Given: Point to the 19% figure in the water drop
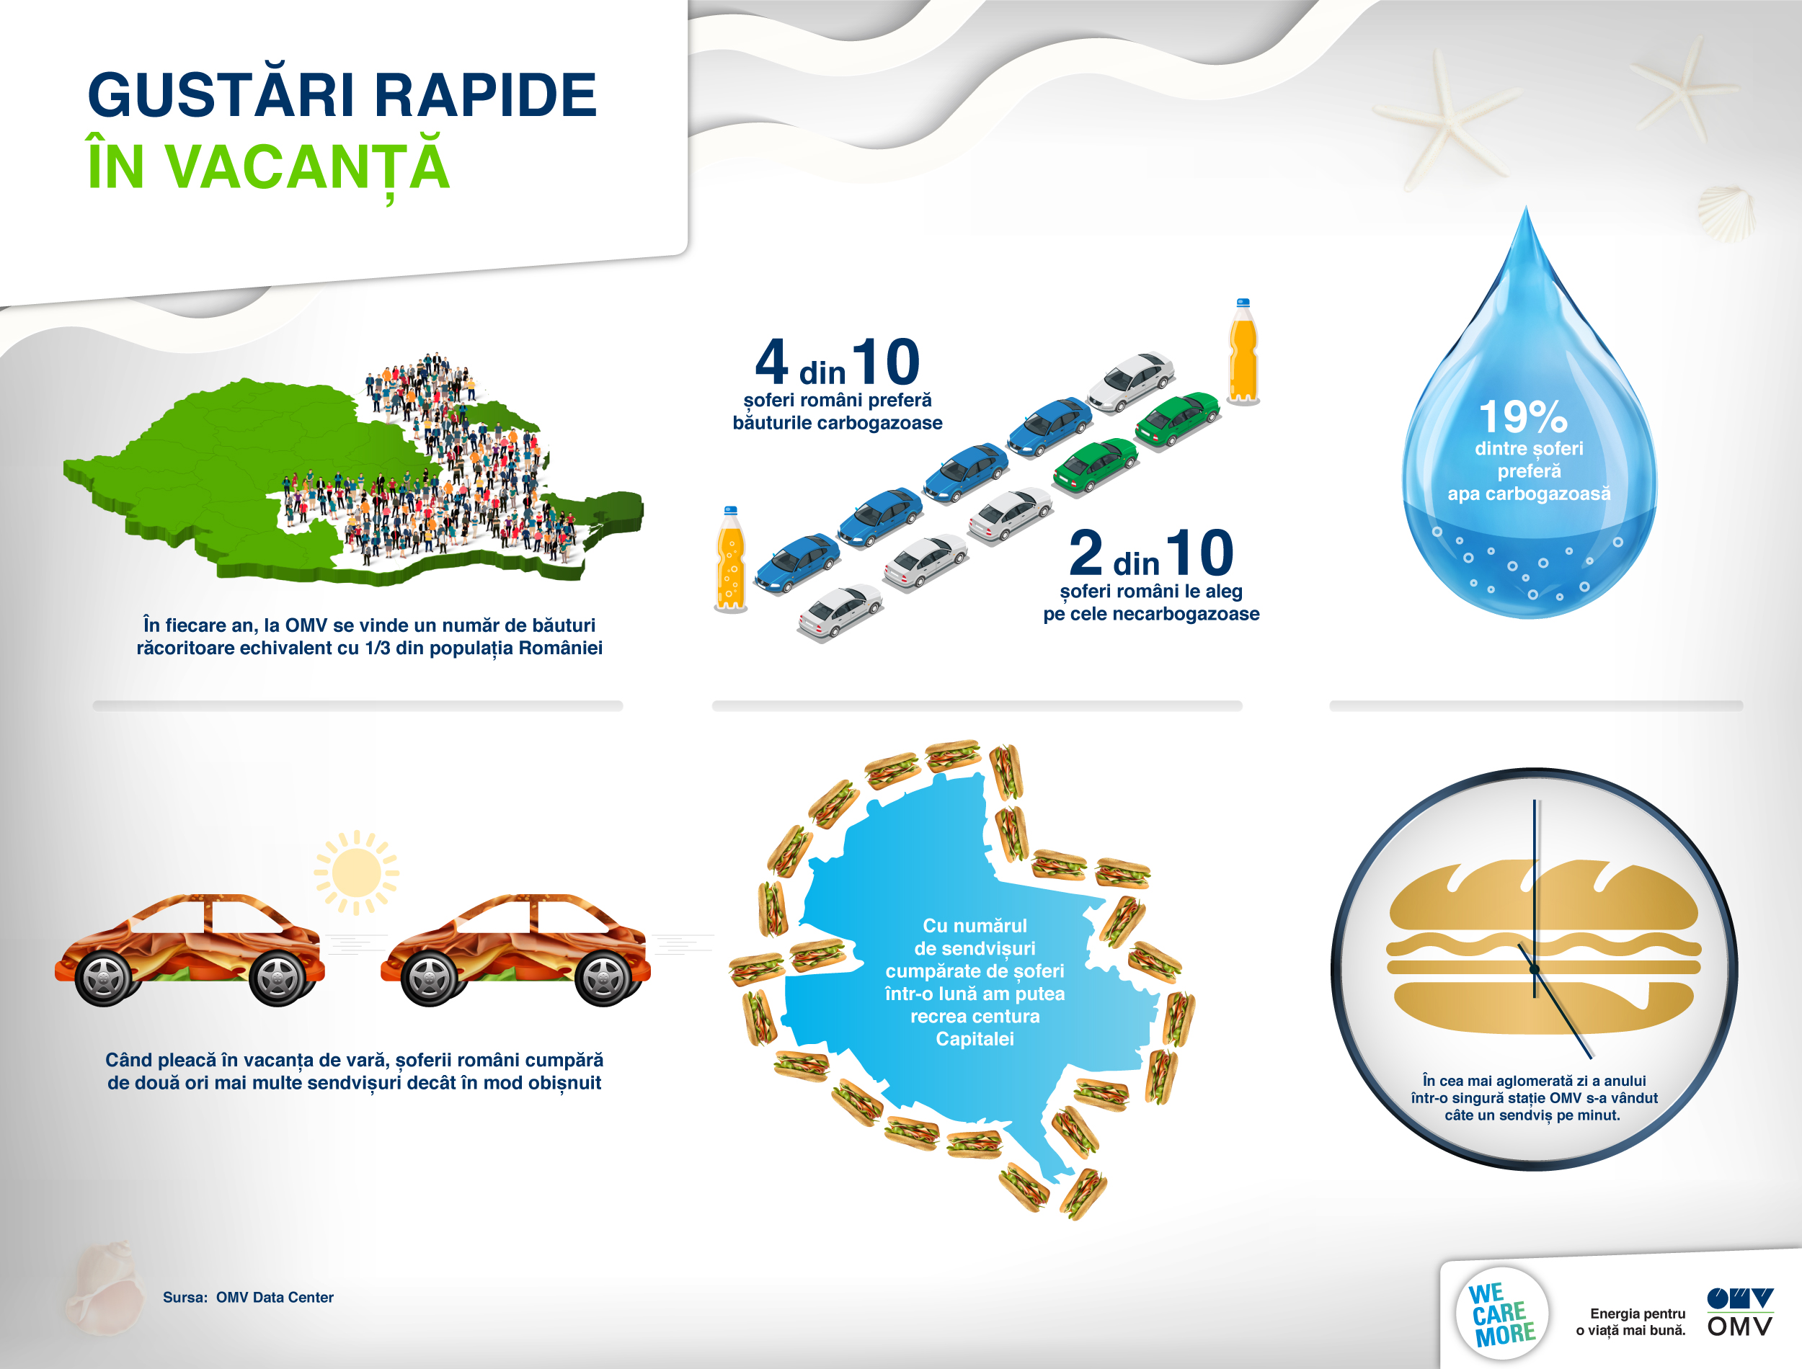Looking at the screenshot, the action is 1522,416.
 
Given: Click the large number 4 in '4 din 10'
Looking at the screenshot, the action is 771,362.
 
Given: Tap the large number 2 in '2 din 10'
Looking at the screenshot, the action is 1086,553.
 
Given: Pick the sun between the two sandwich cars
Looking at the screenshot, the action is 356,873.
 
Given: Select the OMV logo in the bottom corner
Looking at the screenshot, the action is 1740,1312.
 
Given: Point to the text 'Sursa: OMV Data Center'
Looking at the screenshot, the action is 248,1297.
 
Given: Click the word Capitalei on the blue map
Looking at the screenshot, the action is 975,1039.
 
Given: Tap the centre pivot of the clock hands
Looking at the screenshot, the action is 1534,969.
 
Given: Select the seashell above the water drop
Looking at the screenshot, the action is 1726,213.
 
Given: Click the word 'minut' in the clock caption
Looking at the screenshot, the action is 1597,1115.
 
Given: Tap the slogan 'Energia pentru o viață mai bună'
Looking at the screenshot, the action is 1631,1321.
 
